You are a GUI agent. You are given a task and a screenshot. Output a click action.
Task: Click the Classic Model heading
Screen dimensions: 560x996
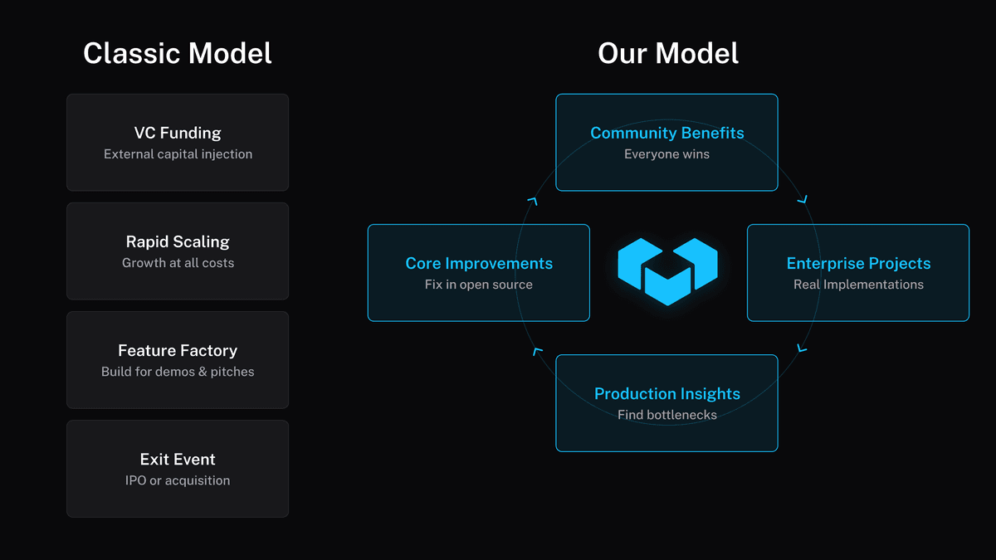pos(178,54)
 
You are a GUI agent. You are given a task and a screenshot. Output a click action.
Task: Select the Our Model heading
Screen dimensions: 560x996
pos(667,54)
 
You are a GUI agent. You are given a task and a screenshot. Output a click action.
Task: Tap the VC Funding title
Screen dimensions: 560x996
pos(178,133)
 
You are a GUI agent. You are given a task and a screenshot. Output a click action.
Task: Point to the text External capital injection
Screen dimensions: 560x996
pos(178,154)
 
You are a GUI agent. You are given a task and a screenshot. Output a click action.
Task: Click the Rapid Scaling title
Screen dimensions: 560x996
pos(178,241)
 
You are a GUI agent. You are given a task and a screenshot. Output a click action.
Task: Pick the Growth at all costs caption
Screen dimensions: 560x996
pos(178,263)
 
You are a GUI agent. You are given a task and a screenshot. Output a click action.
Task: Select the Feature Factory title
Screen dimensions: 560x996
pos(178,350)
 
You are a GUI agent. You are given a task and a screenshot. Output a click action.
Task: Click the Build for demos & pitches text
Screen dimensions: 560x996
pos(178,372)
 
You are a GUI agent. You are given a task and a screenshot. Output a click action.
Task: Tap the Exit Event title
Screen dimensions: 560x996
pos(178,459)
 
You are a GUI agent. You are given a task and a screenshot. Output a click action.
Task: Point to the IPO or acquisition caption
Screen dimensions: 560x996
pos(178,480)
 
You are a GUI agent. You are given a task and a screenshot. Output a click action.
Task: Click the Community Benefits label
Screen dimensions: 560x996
pos(666,133)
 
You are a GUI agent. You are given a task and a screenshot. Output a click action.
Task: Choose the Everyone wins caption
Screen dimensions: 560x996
pos(666,154)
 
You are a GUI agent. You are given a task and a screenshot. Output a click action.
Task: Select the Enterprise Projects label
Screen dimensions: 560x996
pos(858,263)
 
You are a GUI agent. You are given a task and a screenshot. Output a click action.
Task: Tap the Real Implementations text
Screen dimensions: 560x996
pos(858,285)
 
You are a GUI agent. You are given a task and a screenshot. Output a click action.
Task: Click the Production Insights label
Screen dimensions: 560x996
pos(666,393)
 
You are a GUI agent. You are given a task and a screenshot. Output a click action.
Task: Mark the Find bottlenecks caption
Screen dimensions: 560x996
pos(666,415)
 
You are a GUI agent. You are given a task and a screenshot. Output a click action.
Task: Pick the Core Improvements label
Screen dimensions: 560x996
pos(479,263)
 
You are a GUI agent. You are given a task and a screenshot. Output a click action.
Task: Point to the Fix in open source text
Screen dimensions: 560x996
pos(479,285)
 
